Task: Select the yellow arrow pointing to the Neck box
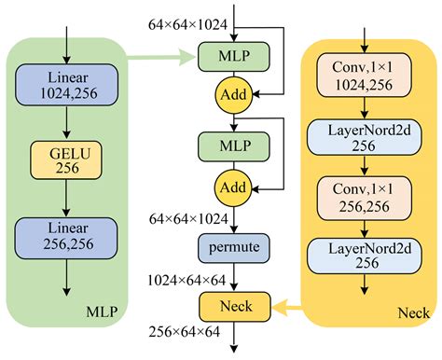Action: (289, 304)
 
